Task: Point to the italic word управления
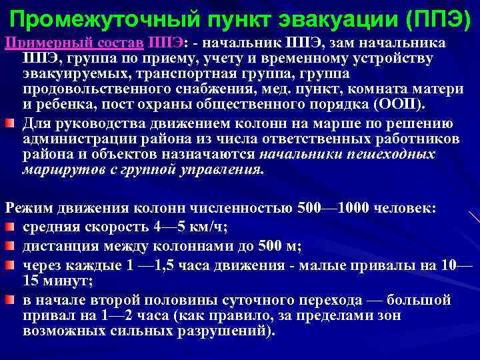tap(225, 169)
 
